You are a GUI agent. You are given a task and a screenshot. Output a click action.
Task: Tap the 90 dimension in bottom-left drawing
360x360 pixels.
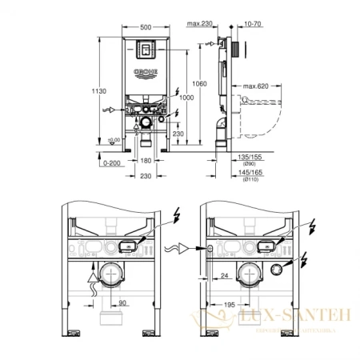pos(122,302)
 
